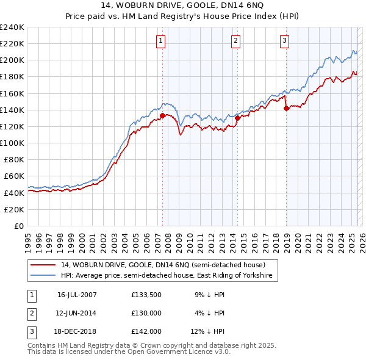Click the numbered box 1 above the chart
pyautogui.click(x=160, y=41)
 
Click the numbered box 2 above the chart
pyautogui.click(x=235, y=41)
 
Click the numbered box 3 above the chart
pyautogui.click(x=284, y=41)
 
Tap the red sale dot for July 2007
pyautogui.click(x=163, y=115)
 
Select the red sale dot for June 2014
pyautogui.click(x=237, y=118)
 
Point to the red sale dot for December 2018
pyautogui.click(x=286, y=109)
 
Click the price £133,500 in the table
pyautogui.click(x=146, y=294)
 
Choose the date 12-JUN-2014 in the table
pyautogui.click(x=77, y=313)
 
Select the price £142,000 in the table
pyautogui.click(x=146, y=332)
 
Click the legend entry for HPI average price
pyautogui.click(x=169, y=276)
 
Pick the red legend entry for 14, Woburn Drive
pyautogui.click(x=163, y=265)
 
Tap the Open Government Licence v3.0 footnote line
pyautogui.click(x=129, y=351)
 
